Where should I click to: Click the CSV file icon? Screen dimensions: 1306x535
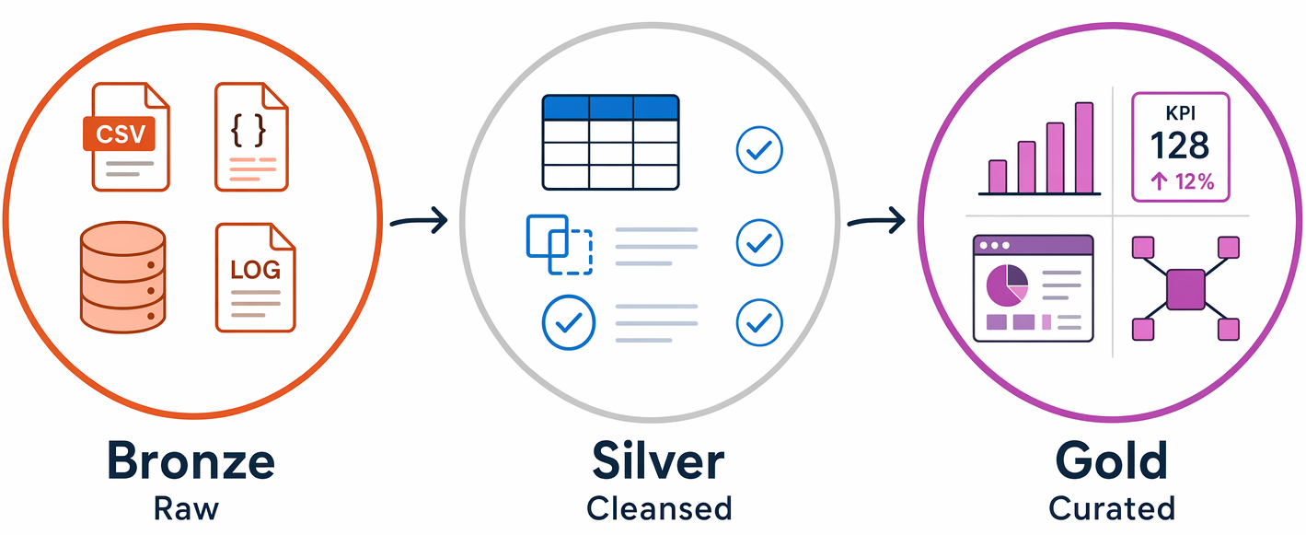[126, 137]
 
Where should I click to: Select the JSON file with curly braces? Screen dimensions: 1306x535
[251, 137]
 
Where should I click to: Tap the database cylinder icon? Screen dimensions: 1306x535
[123, 277]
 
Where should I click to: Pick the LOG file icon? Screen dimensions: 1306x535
[255, 278]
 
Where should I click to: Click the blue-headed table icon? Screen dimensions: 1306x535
[610, 143]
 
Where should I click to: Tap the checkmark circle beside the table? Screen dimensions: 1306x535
[759, 150]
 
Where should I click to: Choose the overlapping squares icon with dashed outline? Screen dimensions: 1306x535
[560, 244]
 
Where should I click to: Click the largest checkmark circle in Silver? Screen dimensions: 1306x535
[569, 322]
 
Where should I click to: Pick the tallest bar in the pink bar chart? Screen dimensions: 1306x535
[1084, 147]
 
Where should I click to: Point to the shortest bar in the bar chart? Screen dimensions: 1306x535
[998, 177]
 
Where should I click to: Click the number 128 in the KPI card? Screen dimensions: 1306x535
[1180, 145]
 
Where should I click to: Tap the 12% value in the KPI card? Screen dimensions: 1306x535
[1195, 182]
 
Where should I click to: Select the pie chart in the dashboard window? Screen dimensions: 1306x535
[1007, 285]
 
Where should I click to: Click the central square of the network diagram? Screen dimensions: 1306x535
[1185, 289]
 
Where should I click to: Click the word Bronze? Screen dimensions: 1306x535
[191, 461]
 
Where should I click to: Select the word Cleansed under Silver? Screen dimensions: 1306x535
[659, 508]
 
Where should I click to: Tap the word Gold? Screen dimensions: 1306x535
[1111, 461]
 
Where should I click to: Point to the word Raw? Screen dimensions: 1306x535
[186, 508]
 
